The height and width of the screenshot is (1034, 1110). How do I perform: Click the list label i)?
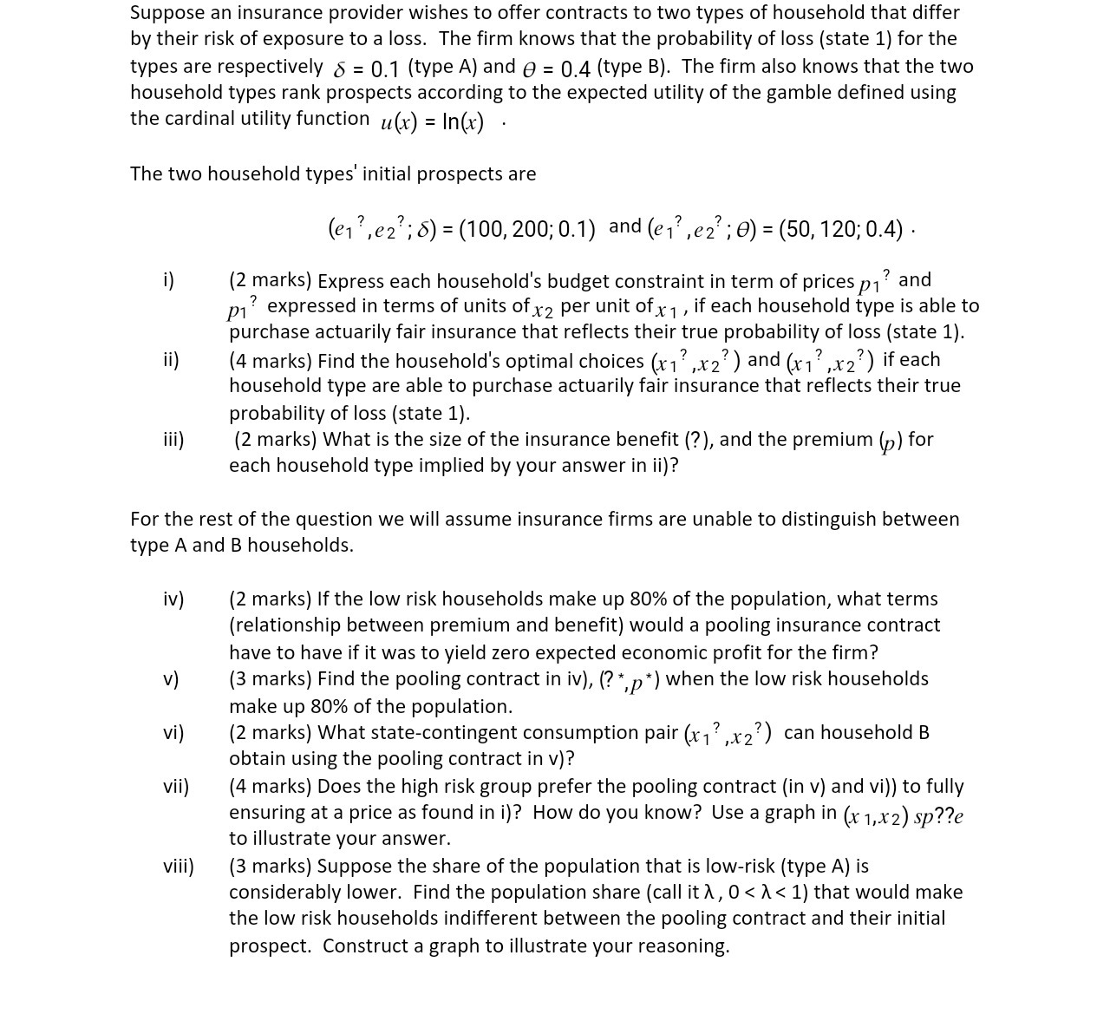click(x=168, y=280)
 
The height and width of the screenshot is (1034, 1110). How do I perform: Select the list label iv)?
click(x=173, y=599)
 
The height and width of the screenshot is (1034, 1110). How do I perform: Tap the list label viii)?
click(x=179, y=867)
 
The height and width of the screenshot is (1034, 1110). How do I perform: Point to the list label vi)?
click(x=173, y=733)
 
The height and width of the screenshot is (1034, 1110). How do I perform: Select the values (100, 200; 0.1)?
click(x=526, y=229)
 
